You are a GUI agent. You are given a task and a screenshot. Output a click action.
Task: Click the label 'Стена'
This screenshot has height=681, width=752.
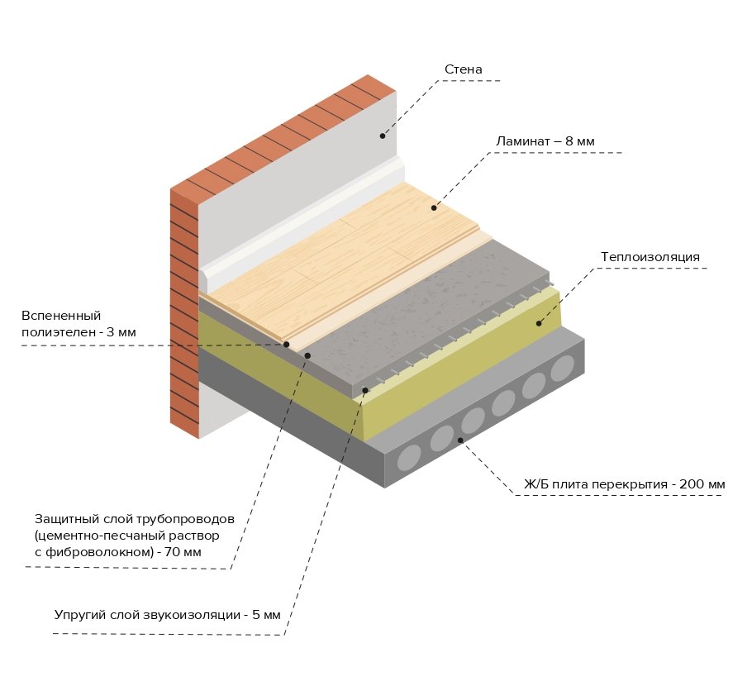(463, 69)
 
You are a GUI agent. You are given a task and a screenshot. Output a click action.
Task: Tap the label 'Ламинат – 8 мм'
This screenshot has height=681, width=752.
(545, 141)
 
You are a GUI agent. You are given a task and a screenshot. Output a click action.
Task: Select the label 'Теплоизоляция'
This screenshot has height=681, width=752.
(650, 257)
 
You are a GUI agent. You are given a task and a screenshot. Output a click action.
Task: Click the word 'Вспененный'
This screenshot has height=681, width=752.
(61, 316)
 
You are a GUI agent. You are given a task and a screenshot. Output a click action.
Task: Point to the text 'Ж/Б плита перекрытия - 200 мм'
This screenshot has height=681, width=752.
(625, 483)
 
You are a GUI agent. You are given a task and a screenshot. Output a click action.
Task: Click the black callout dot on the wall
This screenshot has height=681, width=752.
(383, 136)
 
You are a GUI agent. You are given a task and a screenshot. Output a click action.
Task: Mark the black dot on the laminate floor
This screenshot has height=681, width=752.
(434, 207)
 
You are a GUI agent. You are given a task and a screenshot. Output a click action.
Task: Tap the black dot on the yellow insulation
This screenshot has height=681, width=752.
(538, 323)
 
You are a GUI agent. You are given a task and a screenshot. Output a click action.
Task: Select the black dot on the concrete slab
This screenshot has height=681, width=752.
(460, 441)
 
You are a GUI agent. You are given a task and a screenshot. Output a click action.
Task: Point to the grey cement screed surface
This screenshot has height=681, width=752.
(430, 314)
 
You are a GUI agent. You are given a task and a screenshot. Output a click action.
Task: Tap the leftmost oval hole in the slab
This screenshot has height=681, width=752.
(411, 457)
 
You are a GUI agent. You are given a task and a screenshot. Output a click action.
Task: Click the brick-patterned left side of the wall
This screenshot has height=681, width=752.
(184, 314)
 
